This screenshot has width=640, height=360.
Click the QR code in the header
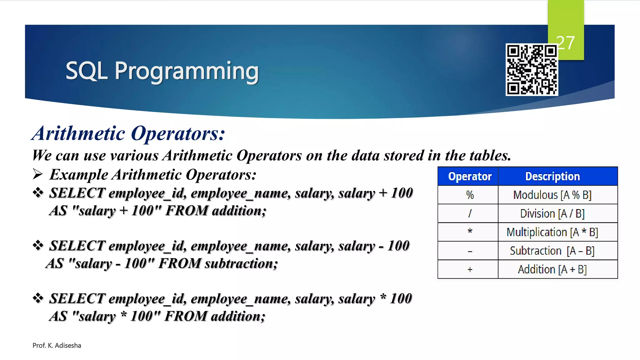tap(532, 69)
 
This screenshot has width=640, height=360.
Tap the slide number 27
tap(566, 43)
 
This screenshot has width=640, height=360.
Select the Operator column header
tap(470, 177)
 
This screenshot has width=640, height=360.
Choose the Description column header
tap(552, 177)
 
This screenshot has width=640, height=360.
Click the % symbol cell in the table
tap(470, 195)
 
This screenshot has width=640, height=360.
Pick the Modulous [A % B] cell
tap(552, 195)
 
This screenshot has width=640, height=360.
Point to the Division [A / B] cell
tap(552, 214)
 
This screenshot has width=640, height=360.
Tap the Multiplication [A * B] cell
tap(552, 232)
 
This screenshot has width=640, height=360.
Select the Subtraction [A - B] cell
tap(552, 251)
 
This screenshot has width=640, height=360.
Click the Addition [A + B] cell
tap(552, 269)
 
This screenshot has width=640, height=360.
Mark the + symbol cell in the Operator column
tap(470, 269)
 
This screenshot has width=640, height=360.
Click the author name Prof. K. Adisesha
tap(57, 345)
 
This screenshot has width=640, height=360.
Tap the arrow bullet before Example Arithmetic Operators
tap(37, 174)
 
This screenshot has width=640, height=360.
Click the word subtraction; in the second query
tap(241, 263)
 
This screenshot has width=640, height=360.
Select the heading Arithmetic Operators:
tap(128, 133)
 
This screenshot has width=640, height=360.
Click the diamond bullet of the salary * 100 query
tap(38, 298)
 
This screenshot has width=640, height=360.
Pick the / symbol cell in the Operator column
tap(470, 214)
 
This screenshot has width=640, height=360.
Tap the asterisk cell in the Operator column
tap(470, 232)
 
